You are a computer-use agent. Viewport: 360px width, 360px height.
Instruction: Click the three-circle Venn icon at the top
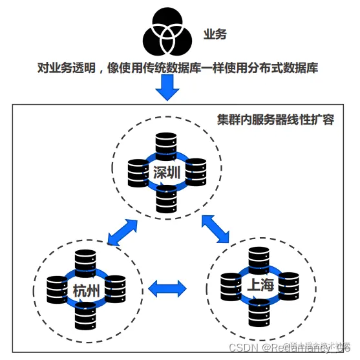(167, 32)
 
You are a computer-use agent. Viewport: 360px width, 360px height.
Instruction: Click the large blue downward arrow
(167, 87)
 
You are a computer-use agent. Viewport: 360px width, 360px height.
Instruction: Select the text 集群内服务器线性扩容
(275, 120)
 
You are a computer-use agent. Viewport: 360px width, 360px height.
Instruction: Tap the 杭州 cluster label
(86, 290)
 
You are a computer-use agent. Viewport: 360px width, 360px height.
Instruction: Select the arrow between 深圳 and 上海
(217, 229)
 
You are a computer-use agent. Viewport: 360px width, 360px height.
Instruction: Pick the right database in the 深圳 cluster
(195, 172)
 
